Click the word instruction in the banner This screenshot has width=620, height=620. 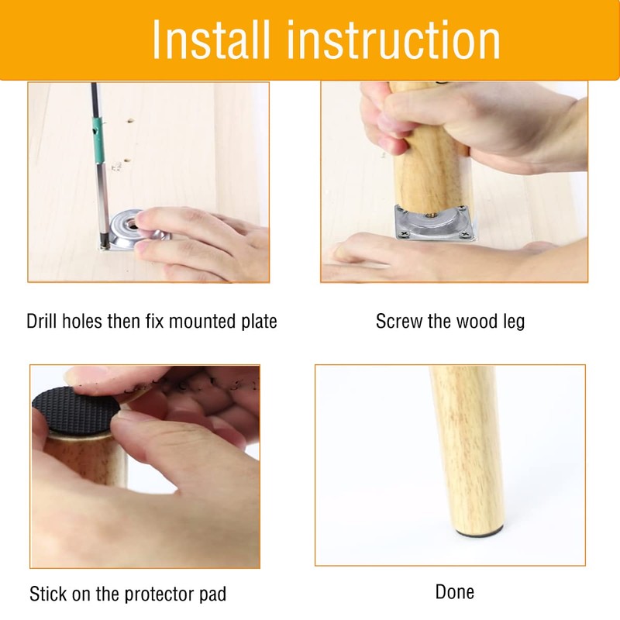coord(397,40)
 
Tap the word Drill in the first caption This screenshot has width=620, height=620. coord(43,321)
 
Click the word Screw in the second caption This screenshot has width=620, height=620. coord(398,321)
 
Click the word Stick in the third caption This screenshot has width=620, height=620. coord(47,594)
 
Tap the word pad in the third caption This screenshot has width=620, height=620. coord(212,594)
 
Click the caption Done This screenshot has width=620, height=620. coord(454,592)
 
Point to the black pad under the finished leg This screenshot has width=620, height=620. coord(479,533)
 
